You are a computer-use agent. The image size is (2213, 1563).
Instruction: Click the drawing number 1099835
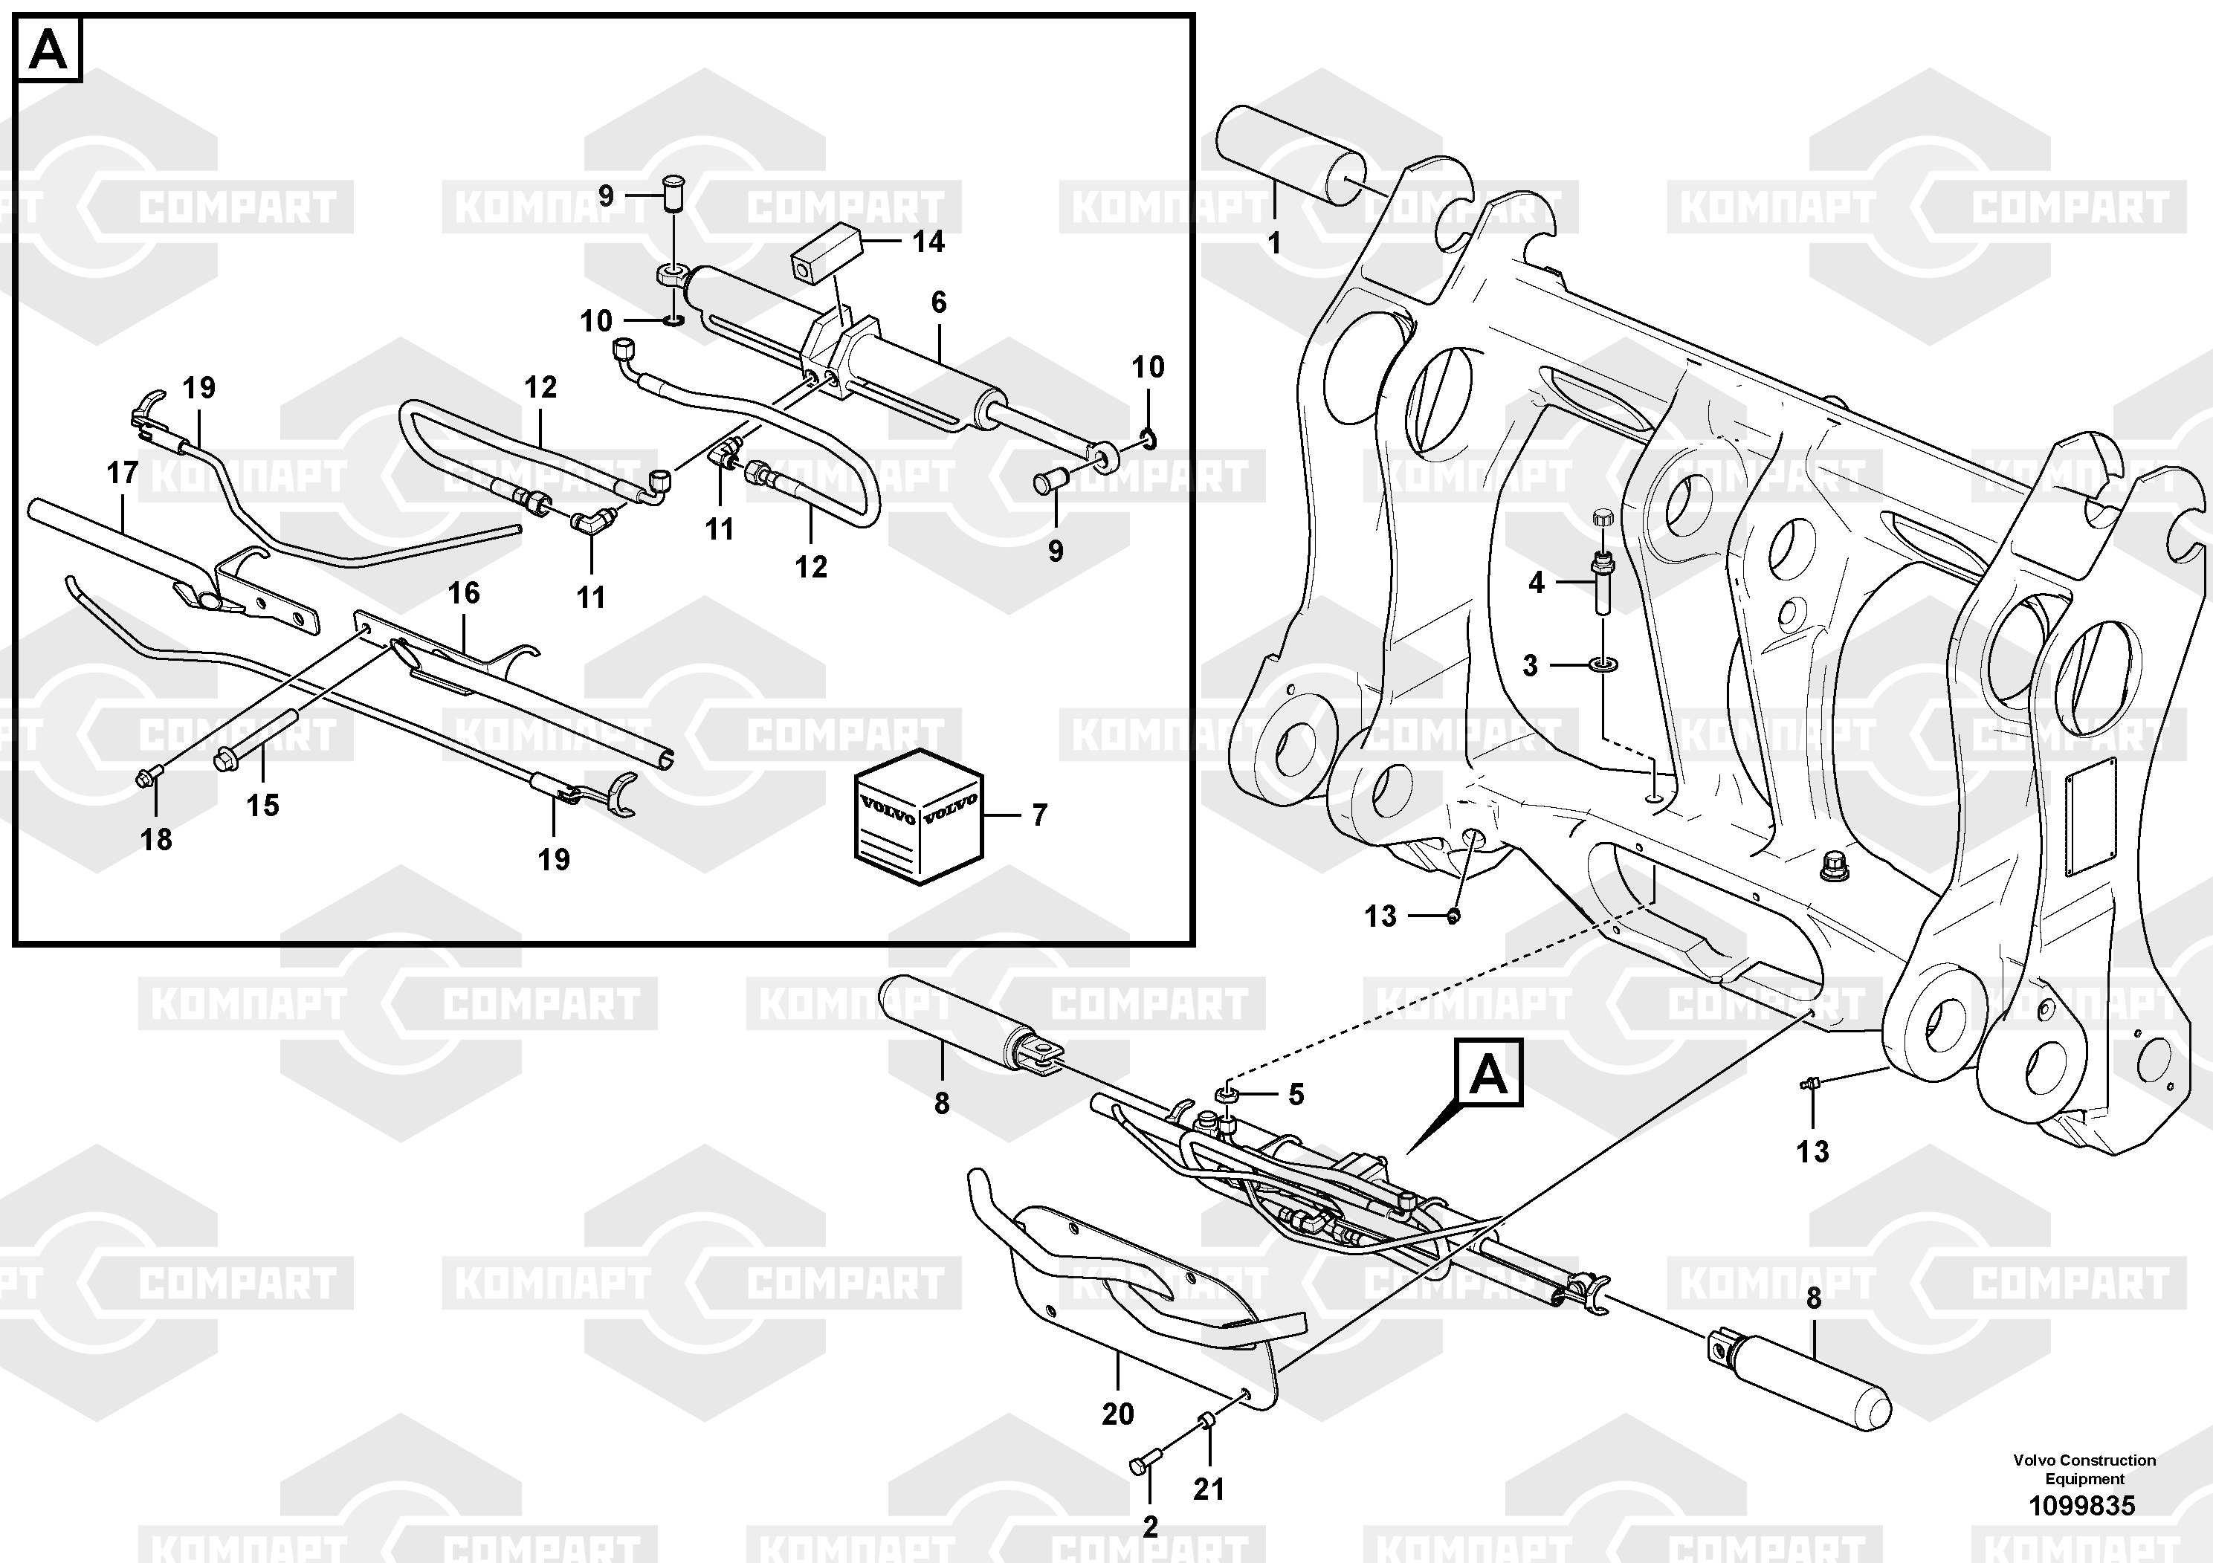[2082, 1505]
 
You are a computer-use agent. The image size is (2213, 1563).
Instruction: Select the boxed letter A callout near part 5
[1489, 1072]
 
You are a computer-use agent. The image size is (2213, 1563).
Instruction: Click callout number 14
[928, 241]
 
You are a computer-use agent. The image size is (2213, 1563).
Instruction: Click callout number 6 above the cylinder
[939, 302]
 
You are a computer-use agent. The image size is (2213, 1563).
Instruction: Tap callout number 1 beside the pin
[1274, 243]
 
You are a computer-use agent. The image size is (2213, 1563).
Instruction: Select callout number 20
[1117, 1414]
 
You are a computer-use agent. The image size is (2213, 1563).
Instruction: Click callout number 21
[1209, 1489]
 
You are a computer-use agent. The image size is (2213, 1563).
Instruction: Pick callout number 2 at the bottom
[1150, 1527]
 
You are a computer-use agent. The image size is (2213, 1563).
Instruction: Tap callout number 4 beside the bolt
[1537, 582]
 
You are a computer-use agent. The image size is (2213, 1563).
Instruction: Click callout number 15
[262, 805]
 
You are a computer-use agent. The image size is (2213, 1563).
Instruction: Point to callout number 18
[156, 839]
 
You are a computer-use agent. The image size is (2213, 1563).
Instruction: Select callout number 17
[123, 473]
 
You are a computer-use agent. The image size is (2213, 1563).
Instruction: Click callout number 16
[464, 592]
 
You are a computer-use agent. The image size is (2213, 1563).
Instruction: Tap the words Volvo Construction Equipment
[2084, 1469]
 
